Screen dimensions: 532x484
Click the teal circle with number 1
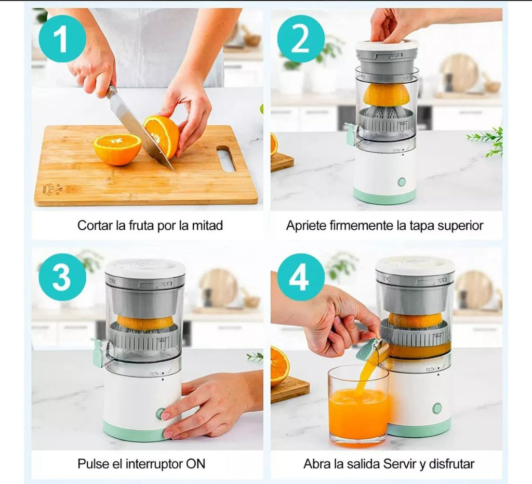(62, 38)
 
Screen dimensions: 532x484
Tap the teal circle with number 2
(301, 38)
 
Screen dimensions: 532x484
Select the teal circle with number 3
(62, 277)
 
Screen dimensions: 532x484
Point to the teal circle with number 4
(301, 277)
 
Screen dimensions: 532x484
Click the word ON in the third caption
(196, 464)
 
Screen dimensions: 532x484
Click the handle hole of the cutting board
(226, 158)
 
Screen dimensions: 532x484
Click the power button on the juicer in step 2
(402, 182)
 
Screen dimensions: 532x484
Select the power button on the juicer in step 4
(437, 408)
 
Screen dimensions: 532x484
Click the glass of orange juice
(358, 407)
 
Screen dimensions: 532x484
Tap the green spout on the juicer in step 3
(98, 353)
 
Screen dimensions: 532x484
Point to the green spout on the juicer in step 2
(351, 135)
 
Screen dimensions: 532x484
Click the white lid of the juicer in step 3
(145, 267)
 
